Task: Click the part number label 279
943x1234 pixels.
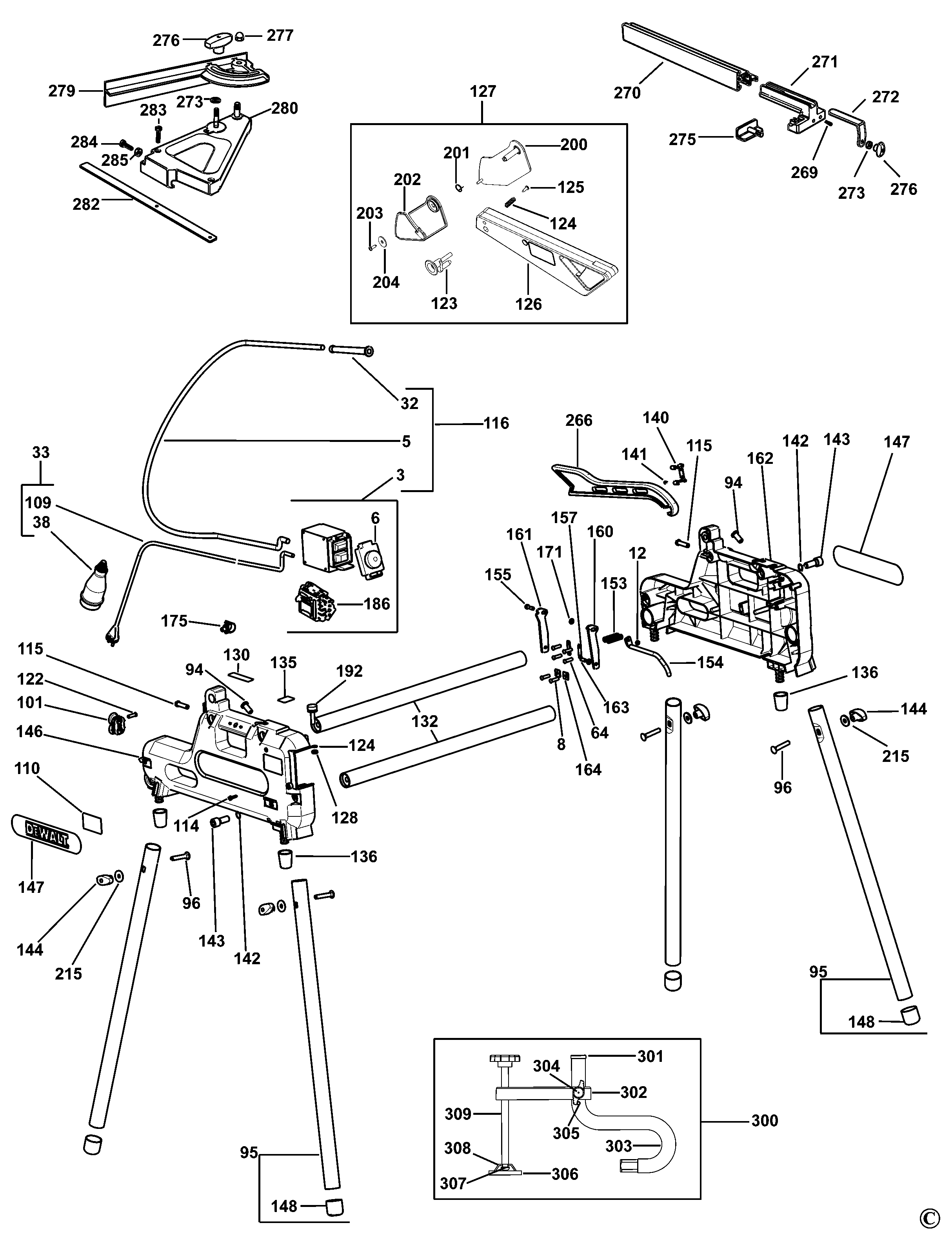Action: [x=62, y=91]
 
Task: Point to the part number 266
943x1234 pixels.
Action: [x=579, y=420]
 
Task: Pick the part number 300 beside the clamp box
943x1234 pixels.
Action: [x=765, y=1121]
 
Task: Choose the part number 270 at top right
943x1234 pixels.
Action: [x=627, y=93]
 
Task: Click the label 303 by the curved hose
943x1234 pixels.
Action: [x=619, y=1145]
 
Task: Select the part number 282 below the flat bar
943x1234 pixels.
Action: [x=86, y=204]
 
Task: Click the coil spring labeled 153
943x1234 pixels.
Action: [x=614, y=638]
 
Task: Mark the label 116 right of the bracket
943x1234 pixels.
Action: [x=496, y=423]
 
